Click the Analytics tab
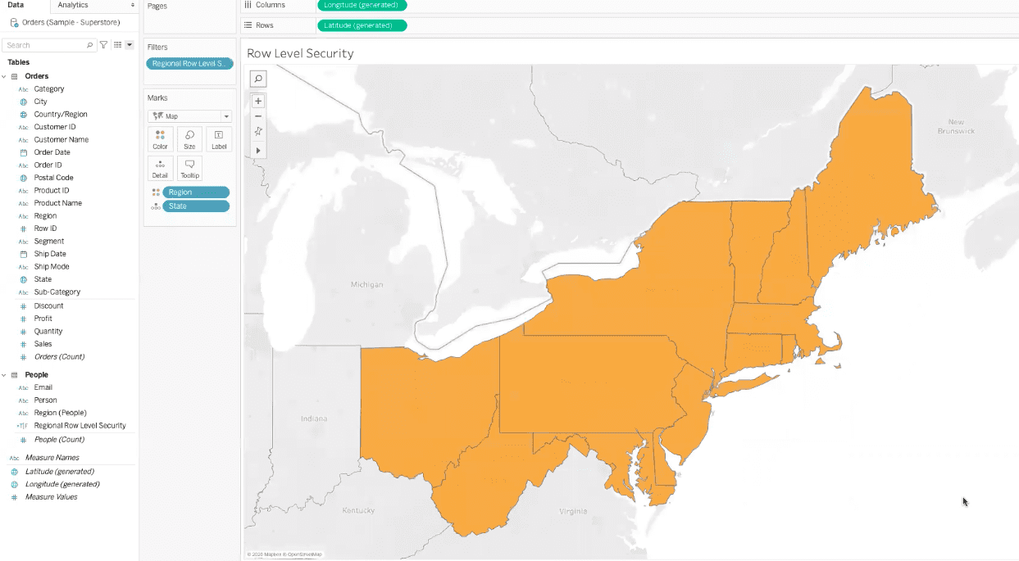(73, 5)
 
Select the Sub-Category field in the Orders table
(57, 292)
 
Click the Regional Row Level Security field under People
(80, 426)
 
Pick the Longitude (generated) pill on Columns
(362, 5)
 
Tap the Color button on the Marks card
(160, 139)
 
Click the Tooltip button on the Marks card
(189, 168)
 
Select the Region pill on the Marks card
(195, 192)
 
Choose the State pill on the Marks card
(195, 206)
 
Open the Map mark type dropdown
(189, 116)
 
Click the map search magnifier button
(258, 79)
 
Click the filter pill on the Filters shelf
(189, 63)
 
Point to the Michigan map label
(366, 285)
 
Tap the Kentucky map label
(358, 510)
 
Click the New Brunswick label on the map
(956, 126)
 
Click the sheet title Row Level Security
(300, 53)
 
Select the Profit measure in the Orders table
(43, 319)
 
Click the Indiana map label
(313, 418)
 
